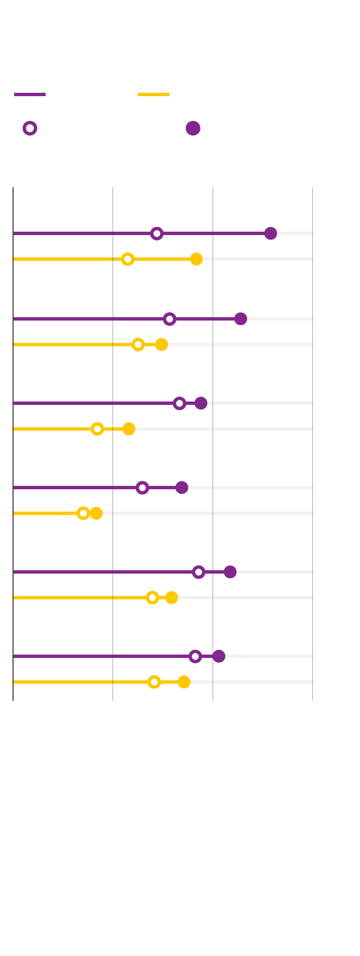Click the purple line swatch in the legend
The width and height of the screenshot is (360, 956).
(x=30, y=94)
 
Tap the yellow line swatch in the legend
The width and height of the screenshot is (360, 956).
(x=154, y=94)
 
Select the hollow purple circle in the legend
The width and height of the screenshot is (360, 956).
(x=30, y=128)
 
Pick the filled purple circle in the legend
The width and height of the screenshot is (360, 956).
(x=193, y=128)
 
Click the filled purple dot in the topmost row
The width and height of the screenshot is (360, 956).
(x=271, y=233)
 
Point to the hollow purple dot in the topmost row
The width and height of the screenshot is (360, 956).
(x=157, y=233)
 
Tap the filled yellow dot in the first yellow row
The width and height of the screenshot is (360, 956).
(x=196, y=259)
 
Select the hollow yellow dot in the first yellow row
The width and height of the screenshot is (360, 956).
(x=128, y=259)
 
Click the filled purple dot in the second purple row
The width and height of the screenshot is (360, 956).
(x=241, y=319)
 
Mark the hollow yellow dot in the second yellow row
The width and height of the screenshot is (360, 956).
(x=138, y=345)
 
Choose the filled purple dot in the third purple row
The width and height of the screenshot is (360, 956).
(x=201, y=403)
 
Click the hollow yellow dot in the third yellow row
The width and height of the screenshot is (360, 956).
(x=97, y=429)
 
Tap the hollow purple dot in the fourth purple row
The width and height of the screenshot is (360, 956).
(x=142, y=488)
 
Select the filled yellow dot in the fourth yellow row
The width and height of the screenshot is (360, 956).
(x=96, y=513)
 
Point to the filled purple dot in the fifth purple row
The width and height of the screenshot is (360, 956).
(x=230, y=572)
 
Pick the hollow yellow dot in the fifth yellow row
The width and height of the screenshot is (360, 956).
(x=152, y=598)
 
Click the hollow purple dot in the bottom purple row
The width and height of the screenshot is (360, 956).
(x=195, y=656)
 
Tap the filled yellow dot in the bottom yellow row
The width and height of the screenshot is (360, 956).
(x=184, y=682)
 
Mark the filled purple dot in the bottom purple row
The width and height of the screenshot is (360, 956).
(x=219, y=656)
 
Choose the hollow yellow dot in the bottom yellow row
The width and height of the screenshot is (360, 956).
(x=154, y=682)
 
